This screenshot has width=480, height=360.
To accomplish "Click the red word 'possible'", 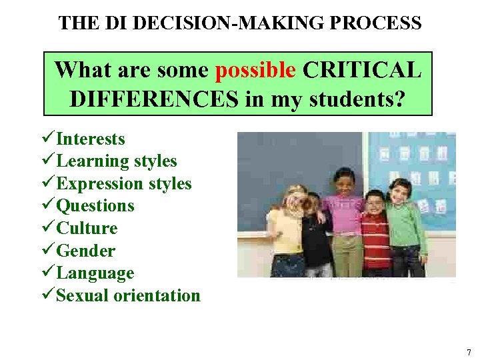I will click(256, 69).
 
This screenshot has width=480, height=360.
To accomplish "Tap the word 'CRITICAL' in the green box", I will click(362, 69).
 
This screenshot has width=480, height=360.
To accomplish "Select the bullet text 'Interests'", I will click(91, 139).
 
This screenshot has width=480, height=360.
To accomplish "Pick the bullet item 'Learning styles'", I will click(117, 161).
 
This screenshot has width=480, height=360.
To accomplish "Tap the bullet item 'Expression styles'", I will click(124, 184).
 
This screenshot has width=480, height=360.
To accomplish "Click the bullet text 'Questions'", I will click(95, 206).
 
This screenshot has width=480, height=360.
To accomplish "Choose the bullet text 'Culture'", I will click(87, 229).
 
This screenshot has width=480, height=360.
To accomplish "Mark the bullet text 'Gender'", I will click(85, 251).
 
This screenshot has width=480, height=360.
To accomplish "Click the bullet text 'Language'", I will click(95, 273).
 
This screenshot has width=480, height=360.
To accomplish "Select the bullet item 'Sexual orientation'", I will click(128, 296).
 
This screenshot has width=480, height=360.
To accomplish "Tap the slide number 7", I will click(469, 352).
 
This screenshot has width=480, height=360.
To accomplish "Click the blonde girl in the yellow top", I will click(287, 230).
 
